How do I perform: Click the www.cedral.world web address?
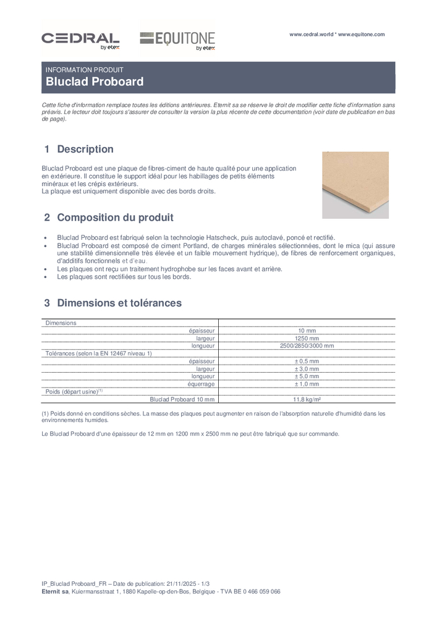312,35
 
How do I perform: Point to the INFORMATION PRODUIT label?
85,70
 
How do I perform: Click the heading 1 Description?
79,150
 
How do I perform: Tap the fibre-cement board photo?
355,184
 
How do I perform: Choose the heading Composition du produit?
115,218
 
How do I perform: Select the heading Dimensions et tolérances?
119,303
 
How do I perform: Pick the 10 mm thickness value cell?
307,331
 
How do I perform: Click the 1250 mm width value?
307,339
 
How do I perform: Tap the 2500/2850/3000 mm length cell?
307,346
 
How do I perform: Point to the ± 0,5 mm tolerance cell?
307,362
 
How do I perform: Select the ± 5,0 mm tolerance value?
307,376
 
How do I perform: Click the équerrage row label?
201,384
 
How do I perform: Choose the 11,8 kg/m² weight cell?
307,400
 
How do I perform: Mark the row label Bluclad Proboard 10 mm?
182,400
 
